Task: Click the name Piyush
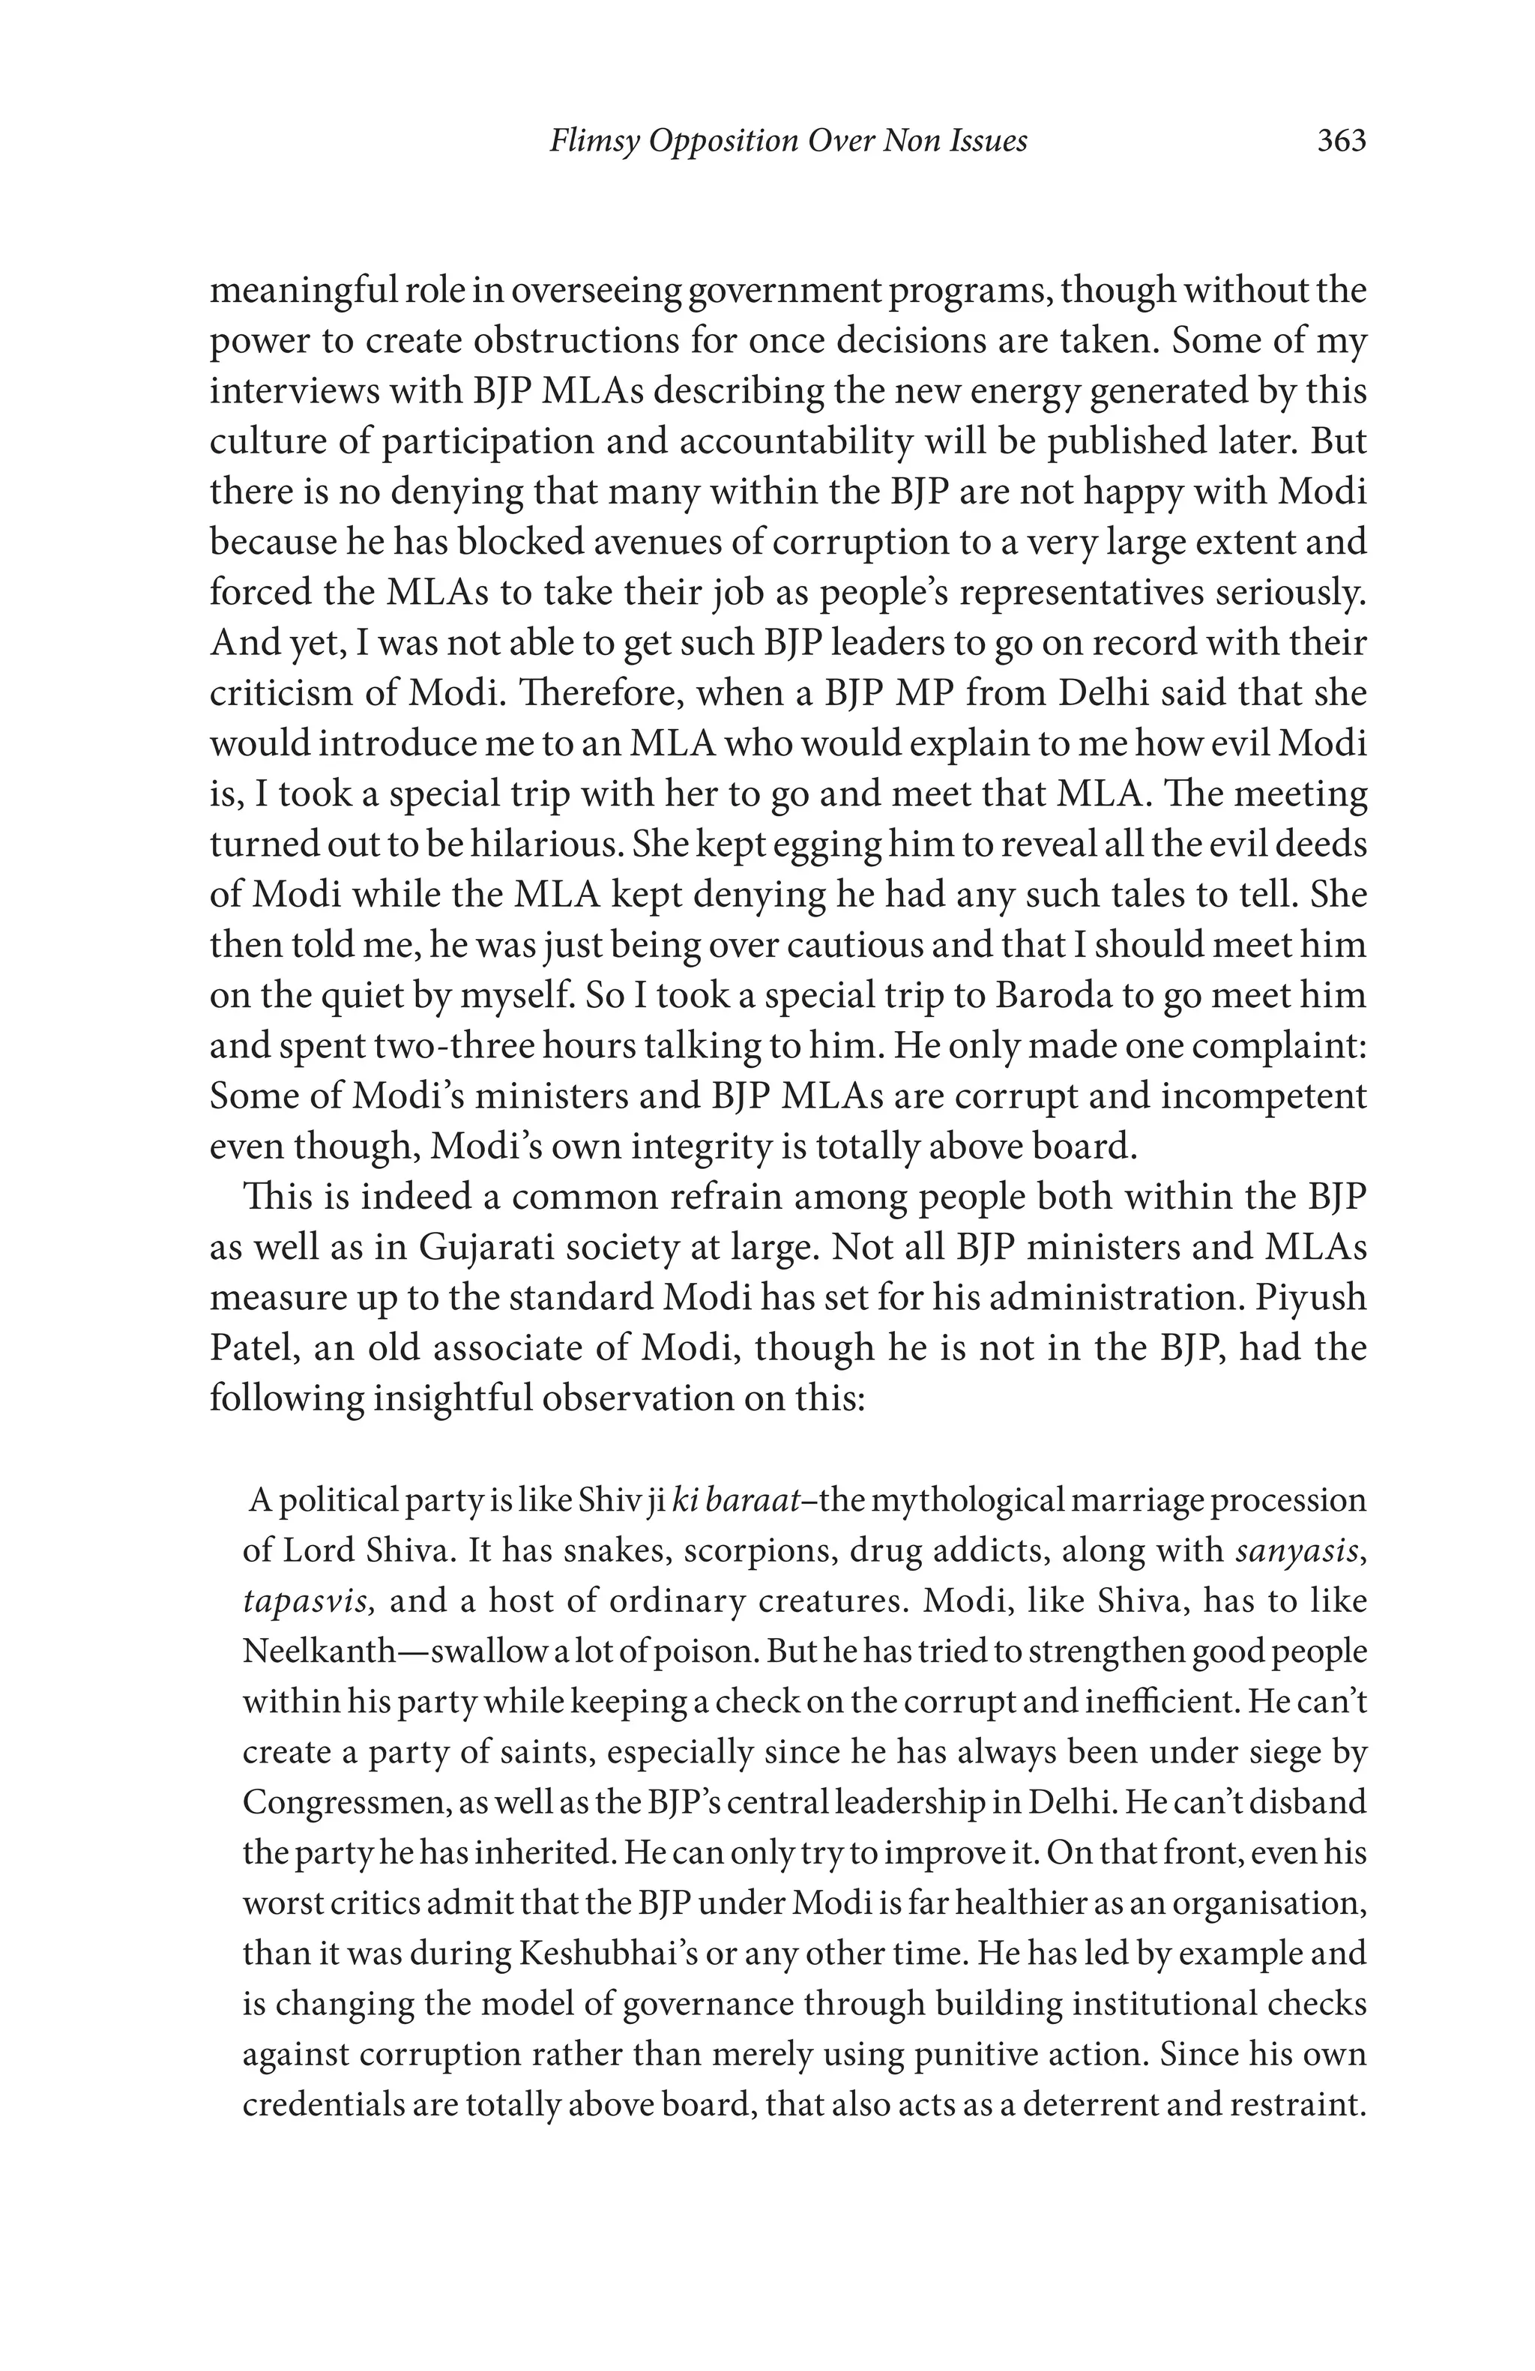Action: click(1311, 1297)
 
